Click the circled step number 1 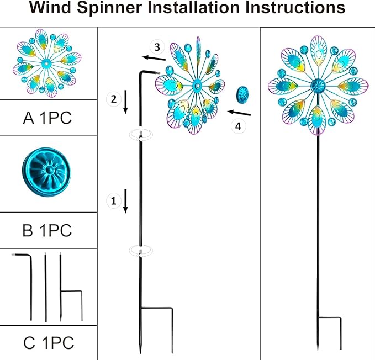click(113, 201)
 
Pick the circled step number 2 click(113, 99)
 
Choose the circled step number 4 click(238, 126)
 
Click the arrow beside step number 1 click(126, 201)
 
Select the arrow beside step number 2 click(126, 102)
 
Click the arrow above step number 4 click(239, 113)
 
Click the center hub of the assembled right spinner click(318, 86)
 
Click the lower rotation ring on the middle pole click(141, 251)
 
